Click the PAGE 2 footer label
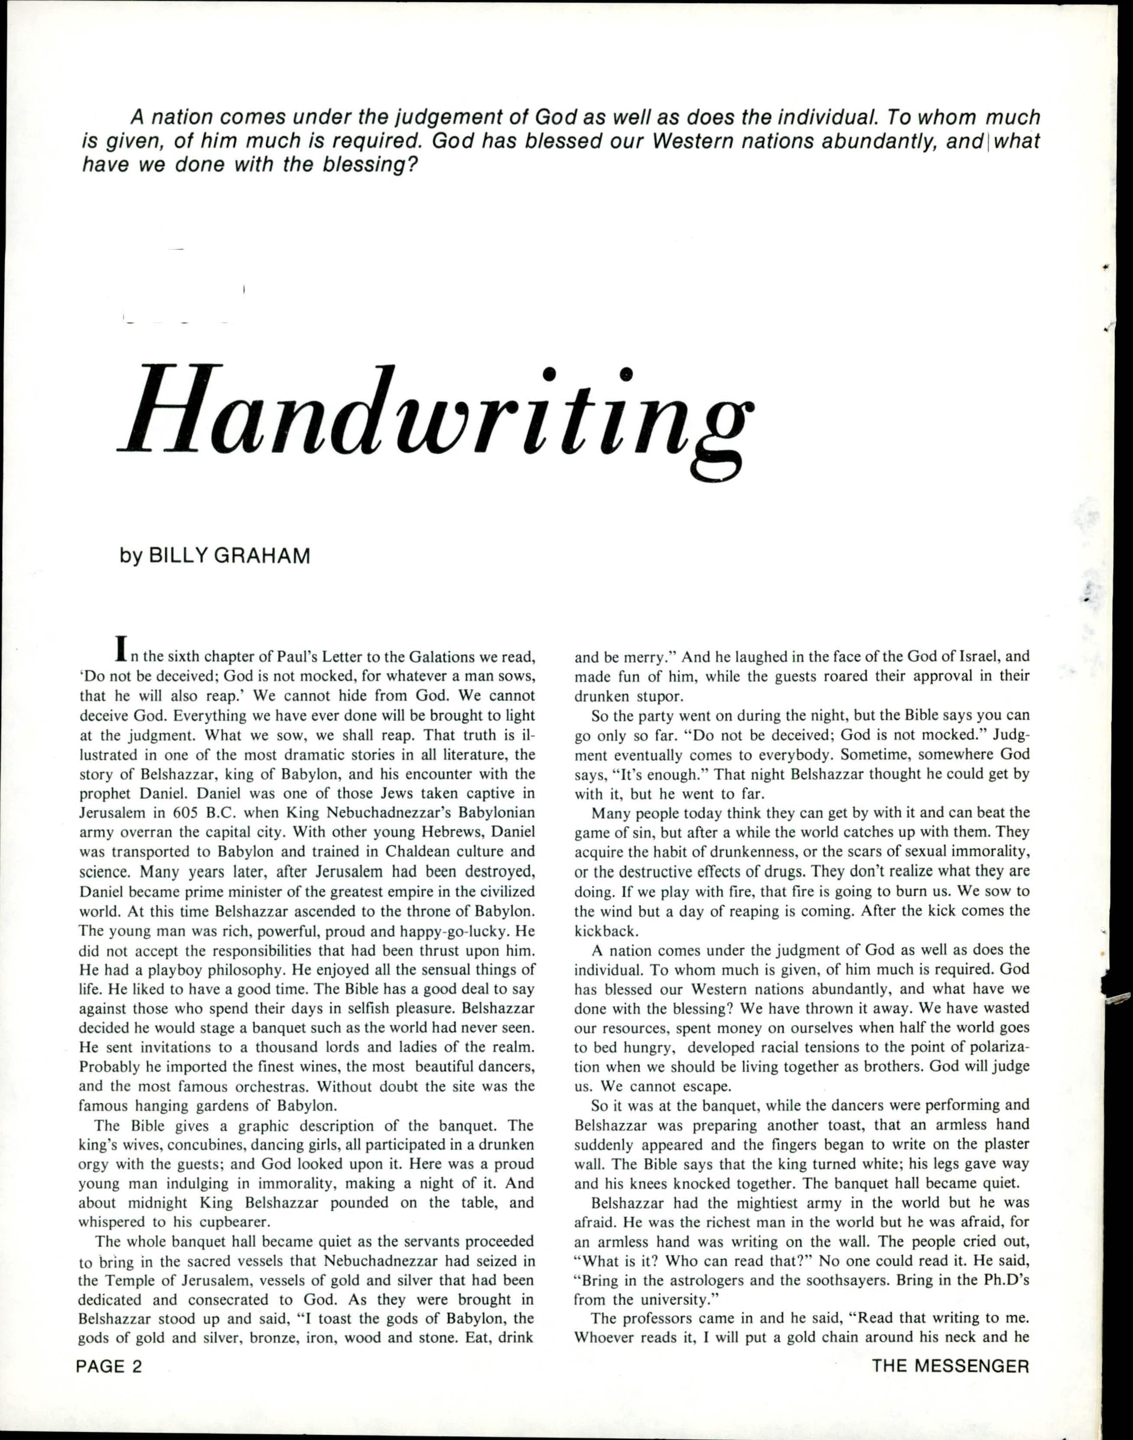[110, 1365]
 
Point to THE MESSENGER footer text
[951, 1365]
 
